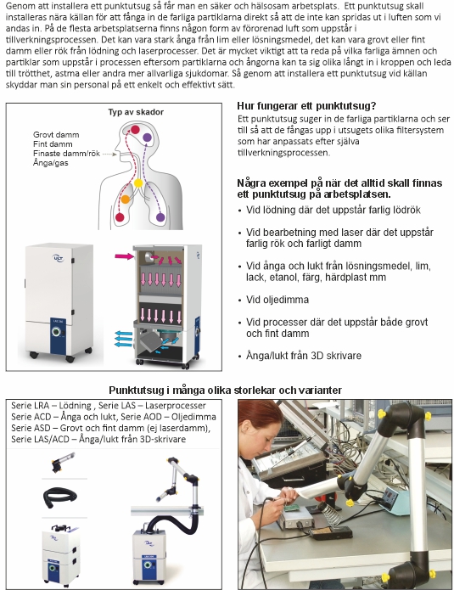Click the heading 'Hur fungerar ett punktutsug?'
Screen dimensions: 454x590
[306, 106]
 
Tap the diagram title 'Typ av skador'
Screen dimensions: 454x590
[136, 112]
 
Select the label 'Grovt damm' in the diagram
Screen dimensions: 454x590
[56, 135]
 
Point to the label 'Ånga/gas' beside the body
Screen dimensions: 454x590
[51, 163]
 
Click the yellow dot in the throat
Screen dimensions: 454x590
[138, 183]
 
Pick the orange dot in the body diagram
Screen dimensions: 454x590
[126, 199]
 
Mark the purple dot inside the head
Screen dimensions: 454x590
[147, 138]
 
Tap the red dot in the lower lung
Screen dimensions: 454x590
[120, 217]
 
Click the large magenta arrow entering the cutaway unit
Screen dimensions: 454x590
[125, 256]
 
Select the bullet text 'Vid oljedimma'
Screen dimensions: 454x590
[277, 300]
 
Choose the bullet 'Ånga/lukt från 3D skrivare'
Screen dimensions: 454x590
[304, 356]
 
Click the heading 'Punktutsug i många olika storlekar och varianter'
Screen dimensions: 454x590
[226, 391]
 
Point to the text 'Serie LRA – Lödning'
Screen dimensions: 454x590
[51, 406]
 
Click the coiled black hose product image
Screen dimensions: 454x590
[60, 497]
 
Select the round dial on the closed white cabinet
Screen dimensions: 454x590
[56, 331]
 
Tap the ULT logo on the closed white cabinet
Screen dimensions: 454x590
[58, 258]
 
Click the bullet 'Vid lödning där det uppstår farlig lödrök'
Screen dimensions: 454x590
[333, 210]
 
